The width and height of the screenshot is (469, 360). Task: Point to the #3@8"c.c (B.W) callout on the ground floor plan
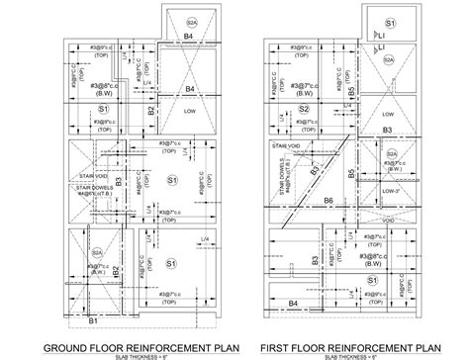[105, 90]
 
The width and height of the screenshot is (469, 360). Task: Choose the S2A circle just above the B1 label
[96, 226]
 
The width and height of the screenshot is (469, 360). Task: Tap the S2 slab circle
[306, 109]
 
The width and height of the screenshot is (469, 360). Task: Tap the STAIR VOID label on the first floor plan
[286, 145]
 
